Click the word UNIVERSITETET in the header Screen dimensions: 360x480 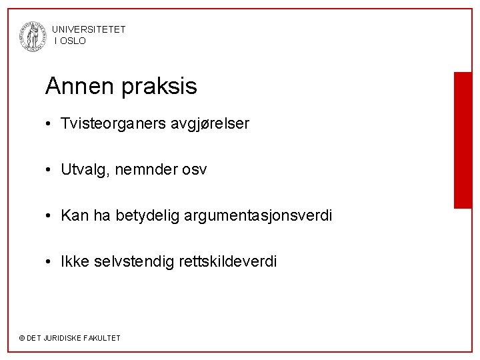[x=88, y=29]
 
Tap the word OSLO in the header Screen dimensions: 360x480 [x=73, y=41]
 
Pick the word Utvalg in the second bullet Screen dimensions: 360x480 [x=83, y=170]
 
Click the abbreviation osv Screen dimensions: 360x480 [x=193, y=170]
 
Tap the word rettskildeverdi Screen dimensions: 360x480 [x=228, y=262]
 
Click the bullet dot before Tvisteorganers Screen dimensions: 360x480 [x=50, y=124]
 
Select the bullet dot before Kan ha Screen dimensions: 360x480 [x=50, y=217]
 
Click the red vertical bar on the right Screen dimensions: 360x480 [x=462, y=140]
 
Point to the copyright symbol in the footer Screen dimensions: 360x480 [x=21, y=338]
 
